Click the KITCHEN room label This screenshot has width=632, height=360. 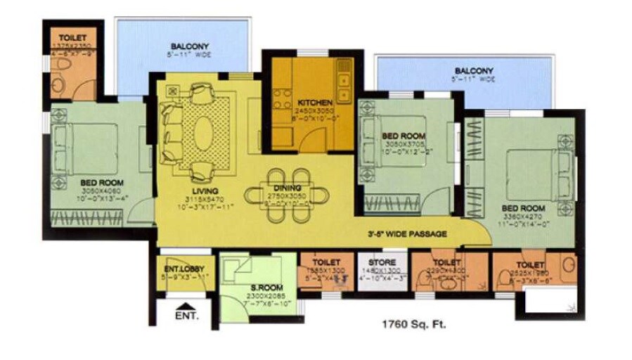(314, 102)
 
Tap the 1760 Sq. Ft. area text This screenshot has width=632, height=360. (413, 325)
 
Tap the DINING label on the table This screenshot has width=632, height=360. (288, 188)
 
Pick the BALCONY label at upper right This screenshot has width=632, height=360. (473, 70)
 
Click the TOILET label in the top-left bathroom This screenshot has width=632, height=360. (72, 37)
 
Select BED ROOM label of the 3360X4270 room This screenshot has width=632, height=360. (523, 208)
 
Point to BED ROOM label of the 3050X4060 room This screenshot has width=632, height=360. (102, 182)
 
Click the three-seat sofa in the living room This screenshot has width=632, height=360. (171, 129)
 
